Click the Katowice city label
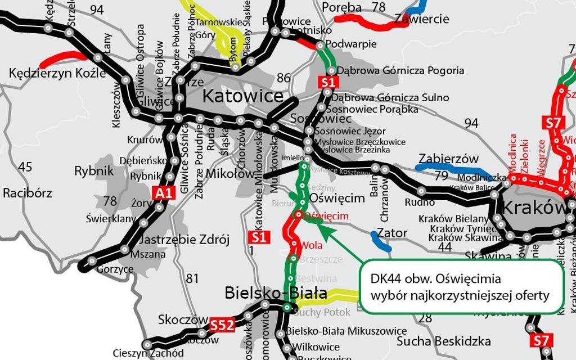click(x=242, y=96)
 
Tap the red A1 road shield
click(x=163, y=193)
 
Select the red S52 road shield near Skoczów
click(x=221, y=325)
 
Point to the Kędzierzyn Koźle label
click(x=57, y=74)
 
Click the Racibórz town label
click(x=28, y=193)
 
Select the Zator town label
click(x=392, y=232)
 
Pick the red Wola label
click(x=312, y=245)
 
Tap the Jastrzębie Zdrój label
click(x=184, y=240)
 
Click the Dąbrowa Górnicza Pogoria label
click(x=400, y=71)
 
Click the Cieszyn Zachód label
click(x=148, y=353)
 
